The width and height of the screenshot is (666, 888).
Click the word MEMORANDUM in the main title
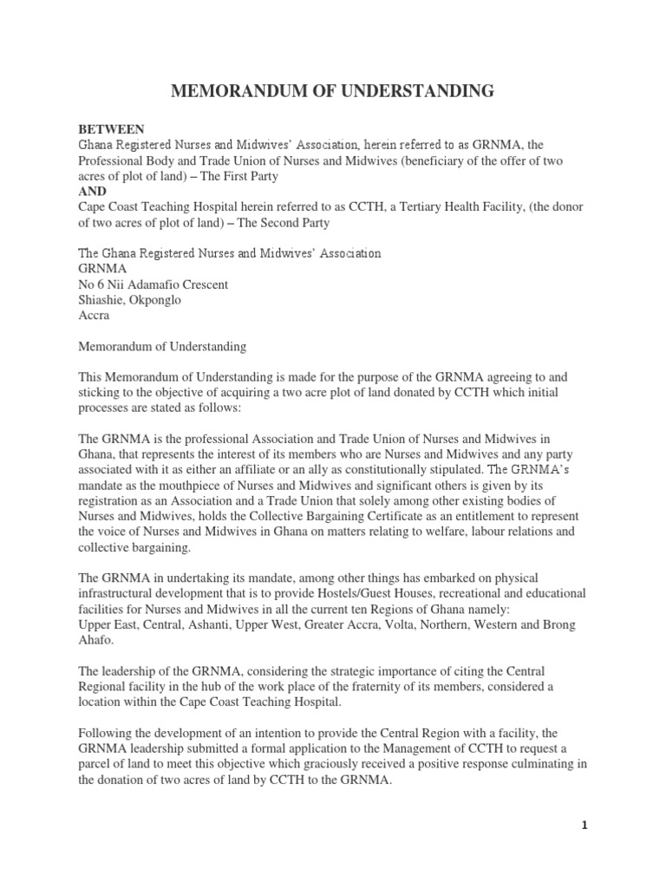237,90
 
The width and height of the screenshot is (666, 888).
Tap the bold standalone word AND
92,191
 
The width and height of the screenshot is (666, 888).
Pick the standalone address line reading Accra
95,316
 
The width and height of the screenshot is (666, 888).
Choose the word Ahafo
98,640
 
